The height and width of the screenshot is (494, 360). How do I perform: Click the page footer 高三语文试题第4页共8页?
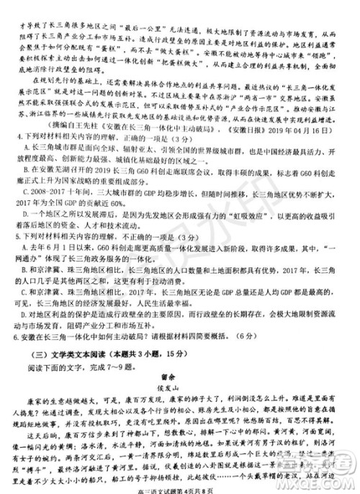coord(180,485)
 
